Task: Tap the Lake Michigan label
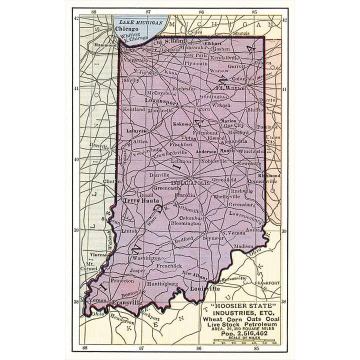140,23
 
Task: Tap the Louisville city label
205,289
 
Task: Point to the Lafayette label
135,131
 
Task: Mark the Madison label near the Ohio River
243,246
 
